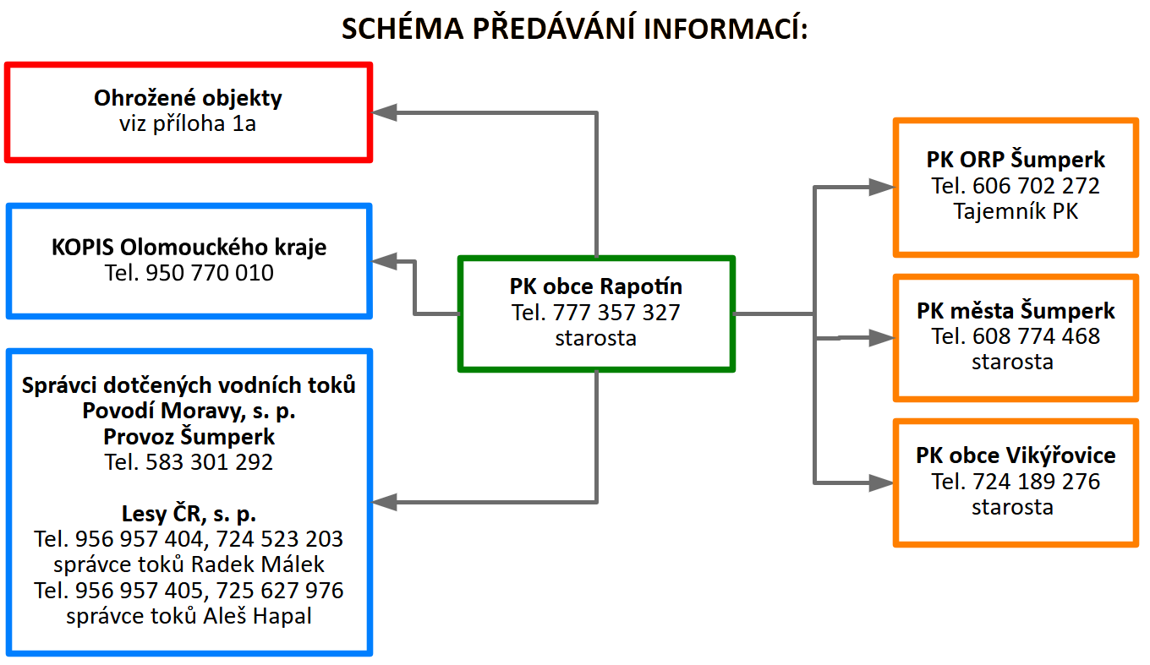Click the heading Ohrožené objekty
pyautogui.click(x=188, y=98)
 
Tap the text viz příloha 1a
pyautogui.click(x=188, y=124)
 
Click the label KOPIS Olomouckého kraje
pyautogui.click(x=189, y=248)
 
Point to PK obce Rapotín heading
pyautogui.click(x=596, y=287)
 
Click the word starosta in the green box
pyautogui.click(x=596, y=338)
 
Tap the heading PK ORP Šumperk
pyautogui.click(x=1016, y=160)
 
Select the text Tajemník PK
pyautogui.click(x=1016, y=211)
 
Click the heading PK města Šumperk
pyautogui.click(x=1016, y=311)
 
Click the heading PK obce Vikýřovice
pyautogui.click(x=1016, y=456)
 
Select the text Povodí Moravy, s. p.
pyautogui.click(x=189, y=412)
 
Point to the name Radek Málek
pyautogui.click(x=267, y=564)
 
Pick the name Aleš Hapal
pyautogui.click(x=257, y=616)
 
